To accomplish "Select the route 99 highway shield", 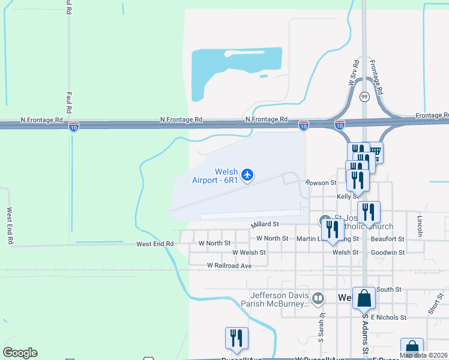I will point(364,97).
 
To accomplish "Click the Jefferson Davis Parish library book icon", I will point(318,297).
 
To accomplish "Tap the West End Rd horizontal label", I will point(155,244).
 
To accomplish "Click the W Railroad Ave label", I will point(229,265).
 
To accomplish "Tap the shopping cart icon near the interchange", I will point(375,152).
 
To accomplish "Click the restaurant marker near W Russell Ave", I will point(236,338).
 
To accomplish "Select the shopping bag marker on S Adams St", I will point(364,298).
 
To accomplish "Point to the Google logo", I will point(20,353).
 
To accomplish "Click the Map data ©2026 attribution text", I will point(423,355).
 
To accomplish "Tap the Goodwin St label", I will point(388,253).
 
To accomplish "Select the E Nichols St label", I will point(389,317).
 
